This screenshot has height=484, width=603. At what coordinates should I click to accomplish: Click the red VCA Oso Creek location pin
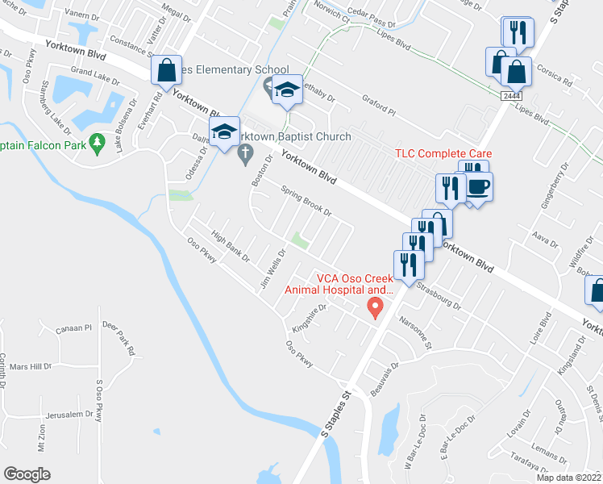(x=374, y=307)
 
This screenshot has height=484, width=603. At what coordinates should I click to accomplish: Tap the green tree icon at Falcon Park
(x=98, y=144)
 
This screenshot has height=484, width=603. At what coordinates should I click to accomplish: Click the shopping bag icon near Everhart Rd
(x=166, y=71)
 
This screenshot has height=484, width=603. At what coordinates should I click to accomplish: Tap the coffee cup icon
(x=477, y=187)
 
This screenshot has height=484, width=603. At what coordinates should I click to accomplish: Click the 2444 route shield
(x=510, y=95)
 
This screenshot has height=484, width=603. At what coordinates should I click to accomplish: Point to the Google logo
(x=27, y=474)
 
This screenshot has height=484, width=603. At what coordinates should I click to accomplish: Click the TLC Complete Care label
(x=443, y=153)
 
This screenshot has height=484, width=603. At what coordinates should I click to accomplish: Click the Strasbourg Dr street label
(x=440, y=297)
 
